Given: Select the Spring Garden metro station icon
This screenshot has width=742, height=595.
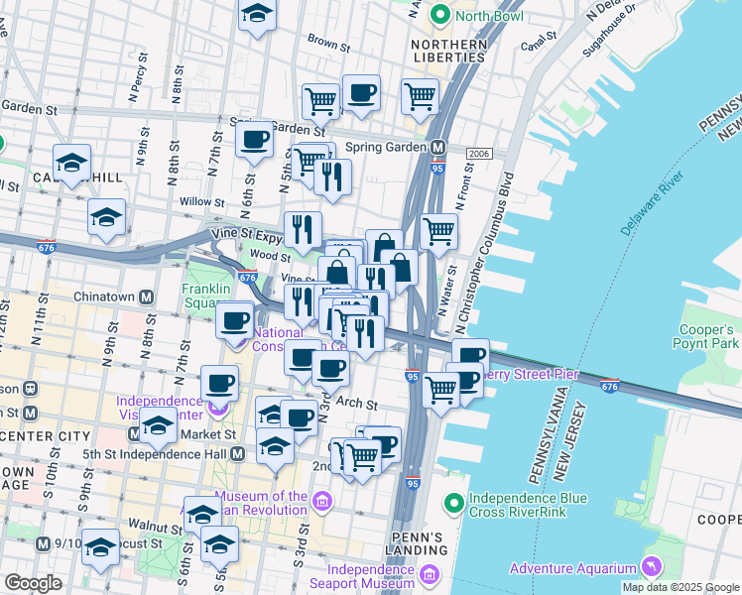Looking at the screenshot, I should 437,148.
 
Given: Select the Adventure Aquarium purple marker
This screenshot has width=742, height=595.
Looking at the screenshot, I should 651,567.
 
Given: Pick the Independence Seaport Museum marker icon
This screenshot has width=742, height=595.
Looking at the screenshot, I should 429,575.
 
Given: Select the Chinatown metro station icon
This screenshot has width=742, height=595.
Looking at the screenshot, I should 146,297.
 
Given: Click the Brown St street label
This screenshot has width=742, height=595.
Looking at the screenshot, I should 329,45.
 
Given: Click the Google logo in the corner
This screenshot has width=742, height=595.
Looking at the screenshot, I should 33,583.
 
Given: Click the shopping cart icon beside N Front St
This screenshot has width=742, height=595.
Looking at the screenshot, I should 438,232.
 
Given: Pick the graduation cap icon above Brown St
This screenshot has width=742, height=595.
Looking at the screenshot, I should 258,15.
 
